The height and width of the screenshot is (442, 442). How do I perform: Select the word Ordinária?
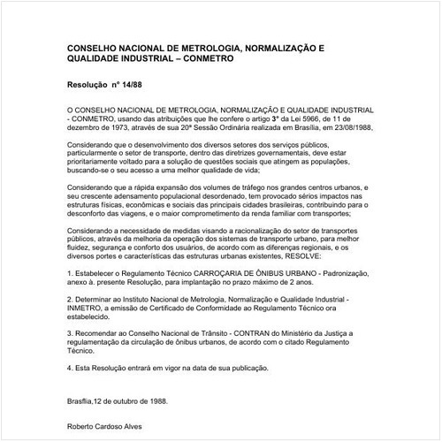point(218,128)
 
